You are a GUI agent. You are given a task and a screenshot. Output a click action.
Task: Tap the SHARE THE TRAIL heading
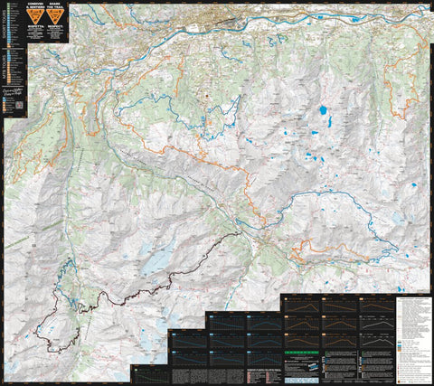(x=56, y=7)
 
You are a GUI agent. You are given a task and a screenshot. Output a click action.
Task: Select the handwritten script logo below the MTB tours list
(x=14, y=94)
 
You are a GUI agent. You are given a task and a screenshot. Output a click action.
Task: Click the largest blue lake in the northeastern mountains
(x=323, y=111)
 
